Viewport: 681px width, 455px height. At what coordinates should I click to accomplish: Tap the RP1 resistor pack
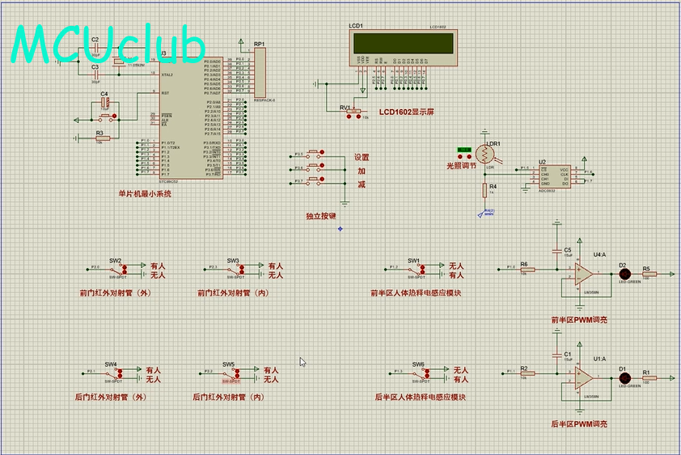(260, 71)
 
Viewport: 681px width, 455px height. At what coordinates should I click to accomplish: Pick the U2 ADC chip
(556, 176)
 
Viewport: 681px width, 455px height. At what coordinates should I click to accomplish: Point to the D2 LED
(624, 274)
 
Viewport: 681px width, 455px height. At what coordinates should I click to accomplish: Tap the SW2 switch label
(115, 261)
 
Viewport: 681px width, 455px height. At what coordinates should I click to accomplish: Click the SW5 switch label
(229, 364)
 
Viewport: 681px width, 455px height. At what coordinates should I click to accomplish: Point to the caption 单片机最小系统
(146, 193)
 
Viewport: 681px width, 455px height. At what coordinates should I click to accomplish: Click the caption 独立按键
(321, 216)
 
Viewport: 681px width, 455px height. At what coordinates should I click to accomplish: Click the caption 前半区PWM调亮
(578, 320)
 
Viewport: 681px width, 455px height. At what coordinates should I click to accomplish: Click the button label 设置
(362, 158)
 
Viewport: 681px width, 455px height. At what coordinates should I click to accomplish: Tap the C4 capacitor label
(104, 95)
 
